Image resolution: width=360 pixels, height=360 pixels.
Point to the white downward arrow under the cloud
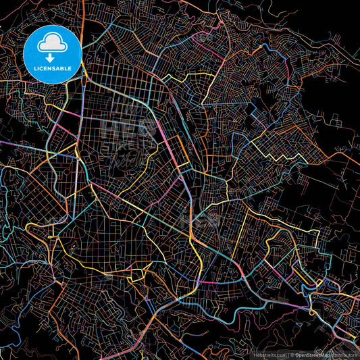53,57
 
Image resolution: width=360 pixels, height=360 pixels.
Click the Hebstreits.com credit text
270,354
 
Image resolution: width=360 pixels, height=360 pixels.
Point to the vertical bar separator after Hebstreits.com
288,354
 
